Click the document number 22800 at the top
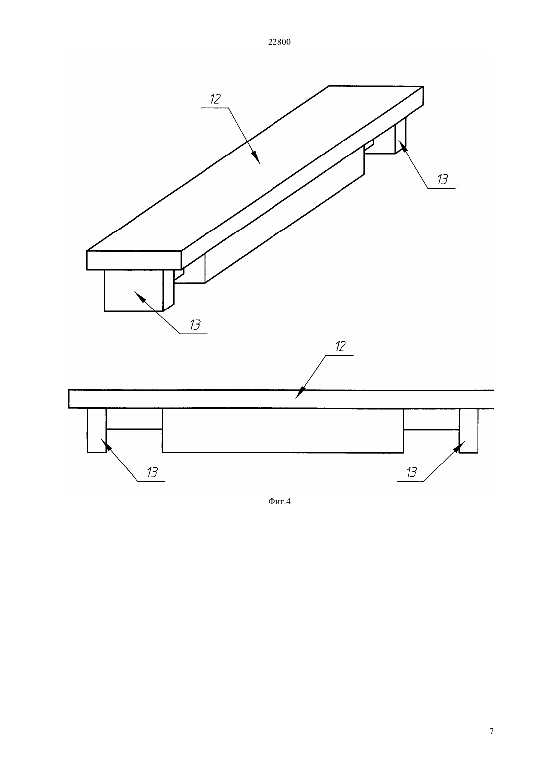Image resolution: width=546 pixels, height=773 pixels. point(279,42)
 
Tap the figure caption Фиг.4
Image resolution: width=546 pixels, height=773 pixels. point(279,501)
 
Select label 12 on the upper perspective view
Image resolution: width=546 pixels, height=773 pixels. point(215,99)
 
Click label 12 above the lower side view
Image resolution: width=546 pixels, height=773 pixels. point(340,346)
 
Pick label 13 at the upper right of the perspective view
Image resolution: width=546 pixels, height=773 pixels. point(442,179)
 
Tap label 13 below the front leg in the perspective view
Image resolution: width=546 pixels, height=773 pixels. point(195,325)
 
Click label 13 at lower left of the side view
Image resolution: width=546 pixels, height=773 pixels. point(152,472)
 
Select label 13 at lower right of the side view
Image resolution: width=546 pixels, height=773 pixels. point(411,472)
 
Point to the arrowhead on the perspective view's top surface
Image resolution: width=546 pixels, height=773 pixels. point(256,157)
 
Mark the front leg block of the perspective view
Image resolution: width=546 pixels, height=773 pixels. point(139,291)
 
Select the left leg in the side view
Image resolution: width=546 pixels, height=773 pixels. point(97,430)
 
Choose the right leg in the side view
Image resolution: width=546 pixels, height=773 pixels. point(469,431)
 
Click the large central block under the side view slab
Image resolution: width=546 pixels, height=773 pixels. point(282,431)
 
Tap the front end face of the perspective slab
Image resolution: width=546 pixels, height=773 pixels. point(134,260)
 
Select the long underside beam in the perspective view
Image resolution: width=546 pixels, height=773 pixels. point(285,214)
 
